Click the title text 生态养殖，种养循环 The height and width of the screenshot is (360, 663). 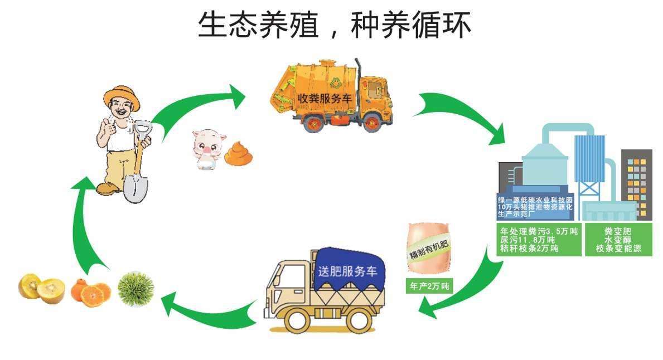tap(335, 25)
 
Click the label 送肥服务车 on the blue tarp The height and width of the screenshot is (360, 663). tap(347, 273)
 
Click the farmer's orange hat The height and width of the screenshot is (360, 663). tap(121, 96)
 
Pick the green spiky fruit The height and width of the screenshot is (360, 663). tap(135, 289)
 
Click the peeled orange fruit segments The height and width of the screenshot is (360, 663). tap(90, 292)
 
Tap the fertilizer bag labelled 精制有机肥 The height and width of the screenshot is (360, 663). tap(429, 249)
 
